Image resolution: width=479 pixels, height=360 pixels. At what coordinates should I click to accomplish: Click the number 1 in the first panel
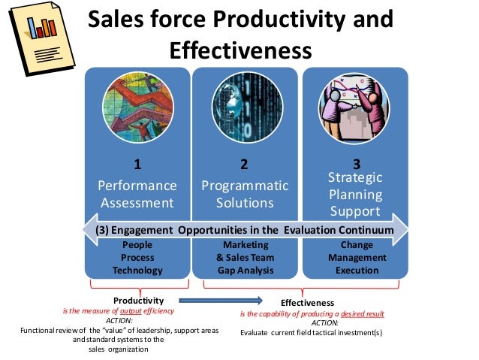137,163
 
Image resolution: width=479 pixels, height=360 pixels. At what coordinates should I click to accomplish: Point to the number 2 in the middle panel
244,163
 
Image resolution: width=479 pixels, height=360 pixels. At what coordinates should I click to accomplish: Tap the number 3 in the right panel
356,163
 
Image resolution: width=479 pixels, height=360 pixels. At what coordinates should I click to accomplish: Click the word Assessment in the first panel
137,203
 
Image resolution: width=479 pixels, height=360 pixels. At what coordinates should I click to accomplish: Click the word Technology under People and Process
137,270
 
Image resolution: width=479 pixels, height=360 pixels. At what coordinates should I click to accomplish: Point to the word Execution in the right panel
357,270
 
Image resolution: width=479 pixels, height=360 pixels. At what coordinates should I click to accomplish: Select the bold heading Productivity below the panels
137,300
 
